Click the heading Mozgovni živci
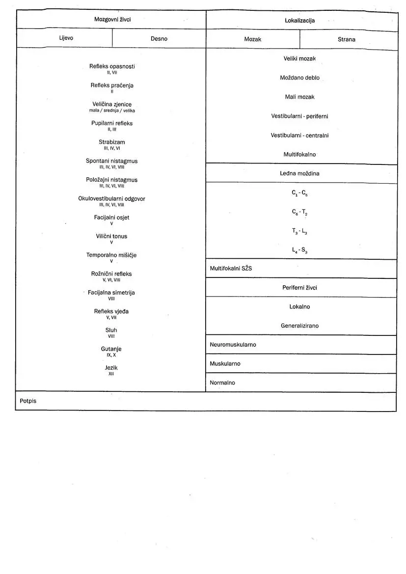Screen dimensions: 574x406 point(112,19)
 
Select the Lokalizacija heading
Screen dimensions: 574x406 point(299,21)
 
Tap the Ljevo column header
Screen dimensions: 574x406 point(66,38)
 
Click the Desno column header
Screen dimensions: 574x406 point(159,39)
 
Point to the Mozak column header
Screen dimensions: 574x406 point(252,39)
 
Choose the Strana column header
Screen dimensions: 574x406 point(346,39)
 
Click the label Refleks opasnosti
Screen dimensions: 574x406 point(112,66)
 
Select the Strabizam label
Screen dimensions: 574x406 point(112,142)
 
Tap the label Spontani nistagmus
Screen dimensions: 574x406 point(112,161)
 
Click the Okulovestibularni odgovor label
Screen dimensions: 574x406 point(112,199)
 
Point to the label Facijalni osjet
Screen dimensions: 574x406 point(112,218)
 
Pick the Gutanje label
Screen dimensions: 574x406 point(111,349)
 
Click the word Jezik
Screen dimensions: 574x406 point(111,368)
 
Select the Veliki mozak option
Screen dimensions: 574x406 point(299,58)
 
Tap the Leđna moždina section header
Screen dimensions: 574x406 point(299,173)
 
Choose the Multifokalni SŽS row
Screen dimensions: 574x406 point(231,269)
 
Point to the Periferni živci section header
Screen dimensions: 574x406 point(299,288)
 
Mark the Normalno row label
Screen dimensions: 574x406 point(222,383)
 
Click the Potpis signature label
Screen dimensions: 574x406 point(28,401)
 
